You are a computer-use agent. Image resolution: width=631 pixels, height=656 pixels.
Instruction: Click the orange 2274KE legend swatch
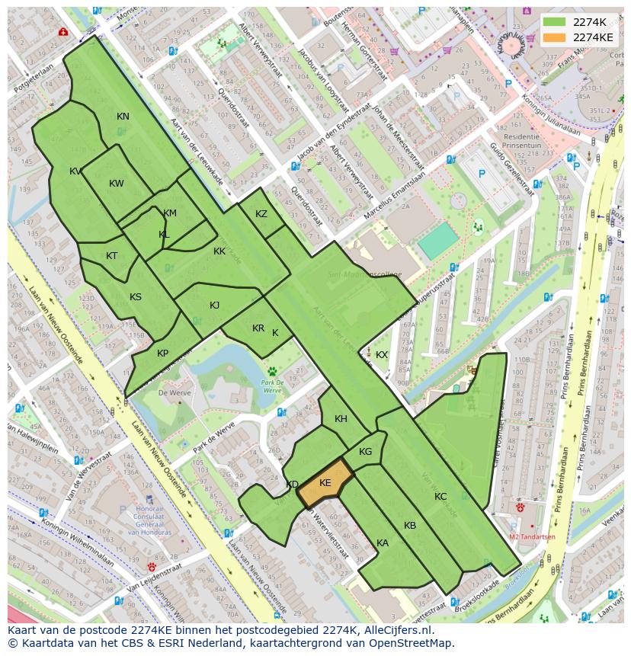point(555,37)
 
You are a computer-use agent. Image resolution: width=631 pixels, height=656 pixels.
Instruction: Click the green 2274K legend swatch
point(555,22)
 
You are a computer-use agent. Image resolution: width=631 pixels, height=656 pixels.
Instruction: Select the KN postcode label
point(123,117)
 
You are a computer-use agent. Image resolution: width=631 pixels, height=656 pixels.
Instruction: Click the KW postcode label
point(116,184)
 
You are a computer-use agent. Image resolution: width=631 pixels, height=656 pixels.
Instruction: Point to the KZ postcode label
point(261,214)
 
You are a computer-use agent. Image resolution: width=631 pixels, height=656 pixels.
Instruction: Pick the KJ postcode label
point(215,306)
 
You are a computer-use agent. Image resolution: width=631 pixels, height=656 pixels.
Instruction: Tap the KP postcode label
point(162,354)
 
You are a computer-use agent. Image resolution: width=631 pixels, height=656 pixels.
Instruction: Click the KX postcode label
point(382,355)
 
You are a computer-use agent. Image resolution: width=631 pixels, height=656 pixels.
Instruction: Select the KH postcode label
point(341,419)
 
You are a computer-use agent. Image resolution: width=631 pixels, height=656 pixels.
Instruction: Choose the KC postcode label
point(440,497)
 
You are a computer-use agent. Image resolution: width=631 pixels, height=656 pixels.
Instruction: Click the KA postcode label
point(383,543)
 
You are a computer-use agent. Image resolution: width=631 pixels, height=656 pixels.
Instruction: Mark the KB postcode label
point(410,526)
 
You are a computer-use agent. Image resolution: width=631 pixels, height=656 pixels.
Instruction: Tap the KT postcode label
point(112,256)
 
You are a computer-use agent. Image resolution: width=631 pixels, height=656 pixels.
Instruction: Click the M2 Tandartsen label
point(531,536)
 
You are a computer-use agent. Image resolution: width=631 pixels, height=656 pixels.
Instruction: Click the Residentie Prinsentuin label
point(521,140)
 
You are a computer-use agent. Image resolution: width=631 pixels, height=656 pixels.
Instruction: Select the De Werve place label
point(173,392)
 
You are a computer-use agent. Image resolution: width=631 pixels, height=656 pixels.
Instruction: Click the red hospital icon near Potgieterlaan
point(62,33)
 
